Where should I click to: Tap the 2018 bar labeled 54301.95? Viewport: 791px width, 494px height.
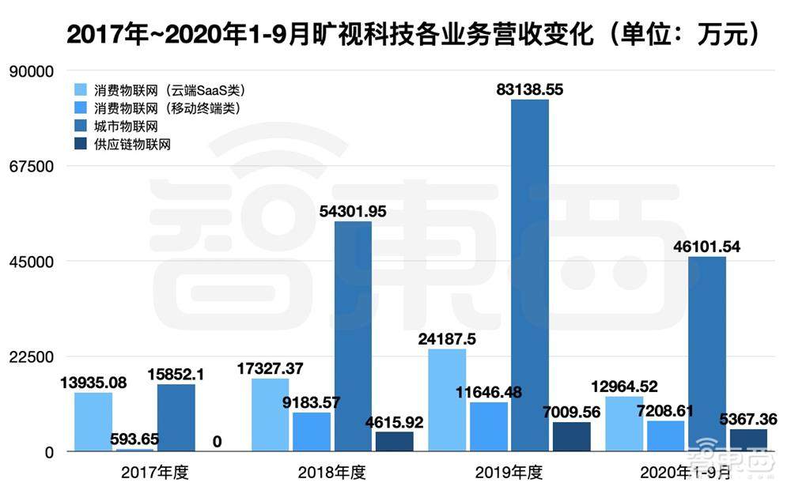tap(352, 336)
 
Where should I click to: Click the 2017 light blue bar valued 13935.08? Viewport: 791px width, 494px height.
tap(93, 421)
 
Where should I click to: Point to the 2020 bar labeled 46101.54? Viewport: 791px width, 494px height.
tap(706, 353)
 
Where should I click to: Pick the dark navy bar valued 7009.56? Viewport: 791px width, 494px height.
tap(571, 436)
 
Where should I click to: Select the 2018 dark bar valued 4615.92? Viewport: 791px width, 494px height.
tap(394, 441)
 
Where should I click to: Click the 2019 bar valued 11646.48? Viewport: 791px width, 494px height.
tap(488, 426)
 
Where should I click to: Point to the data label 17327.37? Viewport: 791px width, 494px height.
tap(271, 368)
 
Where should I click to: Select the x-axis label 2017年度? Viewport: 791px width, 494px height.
tap(155, 473)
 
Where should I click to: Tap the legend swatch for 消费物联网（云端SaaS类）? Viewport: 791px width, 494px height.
tap(80, 90)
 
